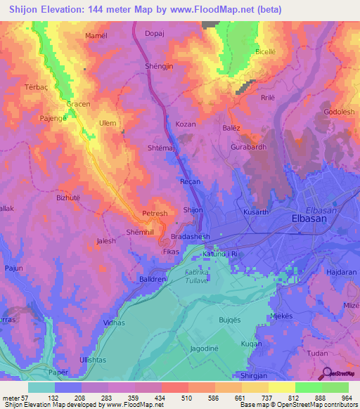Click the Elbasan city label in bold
coord(311,219)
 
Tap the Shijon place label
coord(193,210)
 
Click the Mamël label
coord(96,36)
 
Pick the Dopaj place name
coord(154,33)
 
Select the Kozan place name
coord(186,124)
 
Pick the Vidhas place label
coord(113,322)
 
